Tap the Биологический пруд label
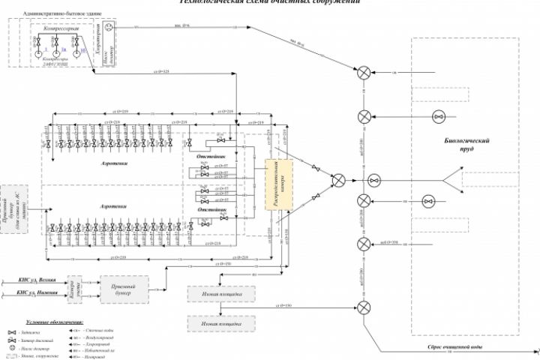pos(466,144)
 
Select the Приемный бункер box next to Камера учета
pos(124,288)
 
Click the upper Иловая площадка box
pos(221,295)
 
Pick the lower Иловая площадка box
pos(221,323)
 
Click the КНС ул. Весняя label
pos(32,279)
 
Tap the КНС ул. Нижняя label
pos(32,293)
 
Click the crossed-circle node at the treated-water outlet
pos(364,307)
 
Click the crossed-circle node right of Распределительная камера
pos(339,180)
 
